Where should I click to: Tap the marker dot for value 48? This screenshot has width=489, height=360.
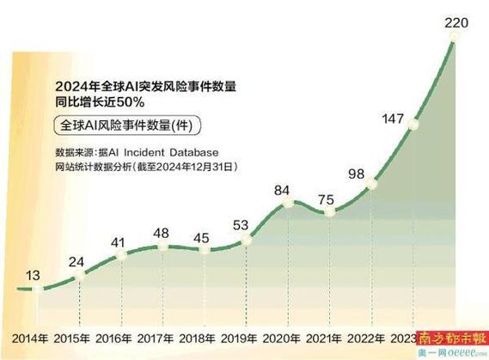pos(162,248)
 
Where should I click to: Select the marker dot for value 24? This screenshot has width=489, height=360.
pos(79,277)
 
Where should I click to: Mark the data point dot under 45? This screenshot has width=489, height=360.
pos(205,250)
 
